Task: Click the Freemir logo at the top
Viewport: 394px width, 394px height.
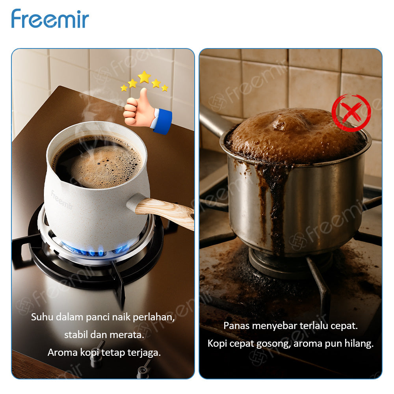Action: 50,19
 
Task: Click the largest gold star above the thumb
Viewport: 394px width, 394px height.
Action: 144,77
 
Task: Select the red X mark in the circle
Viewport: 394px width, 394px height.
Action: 351,113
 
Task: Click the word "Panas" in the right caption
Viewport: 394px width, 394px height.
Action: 236,326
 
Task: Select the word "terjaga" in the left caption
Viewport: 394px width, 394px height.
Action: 146,352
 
